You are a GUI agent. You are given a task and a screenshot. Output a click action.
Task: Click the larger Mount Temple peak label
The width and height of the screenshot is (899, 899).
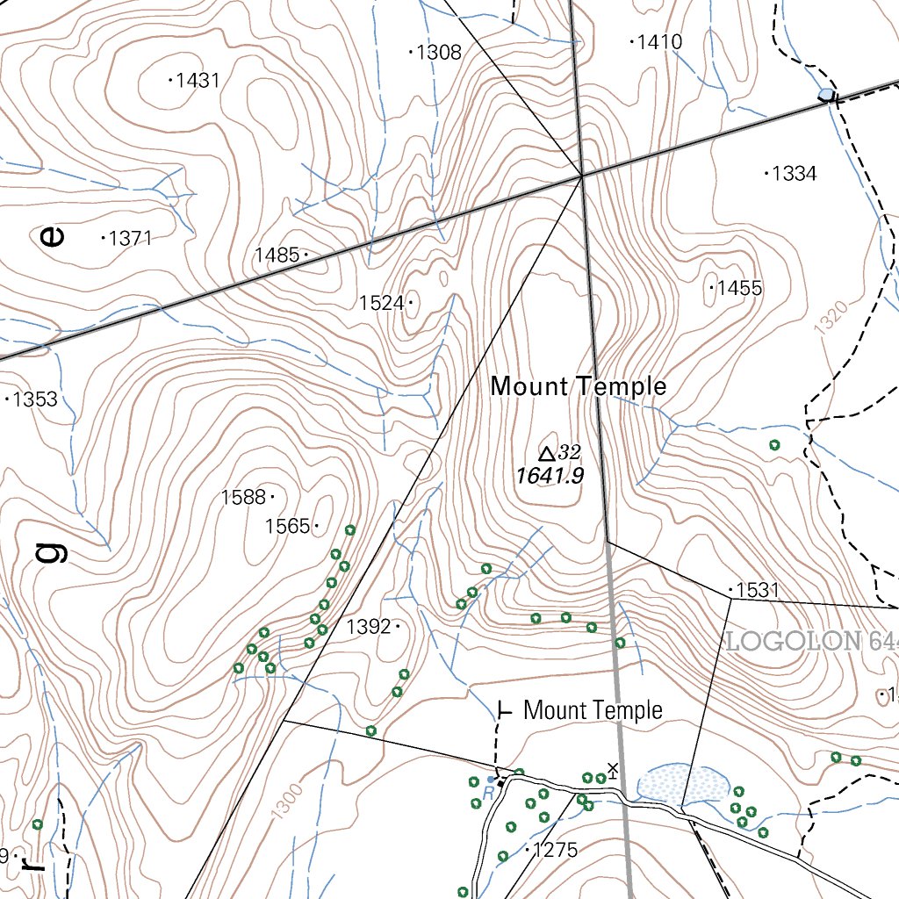[x=579, y=386]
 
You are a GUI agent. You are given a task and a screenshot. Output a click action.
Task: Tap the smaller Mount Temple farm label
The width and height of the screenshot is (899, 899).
[x=593, y=710]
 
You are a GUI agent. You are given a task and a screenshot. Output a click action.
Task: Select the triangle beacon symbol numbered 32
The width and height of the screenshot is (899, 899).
[x=547, y=453]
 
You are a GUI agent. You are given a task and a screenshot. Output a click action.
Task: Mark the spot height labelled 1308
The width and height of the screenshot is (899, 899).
[x=435, y=53]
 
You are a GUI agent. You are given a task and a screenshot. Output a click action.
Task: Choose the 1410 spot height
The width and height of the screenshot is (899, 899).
[x=657, y=41]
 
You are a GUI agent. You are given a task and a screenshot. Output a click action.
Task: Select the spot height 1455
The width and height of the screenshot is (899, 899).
[x=737, y=288]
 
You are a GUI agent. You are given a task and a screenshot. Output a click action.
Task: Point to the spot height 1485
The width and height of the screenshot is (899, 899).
[x=280, y=255]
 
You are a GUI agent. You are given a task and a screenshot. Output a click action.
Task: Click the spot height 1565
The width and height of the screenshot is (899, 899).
[x=291, y=526]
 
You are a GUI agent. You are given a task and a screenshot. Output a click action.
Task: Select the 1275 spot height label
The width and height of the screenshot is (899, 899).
[x=552, y=850]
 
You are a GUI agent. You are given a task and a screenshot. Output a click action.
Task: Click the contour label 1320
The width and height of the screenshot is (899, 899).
[x=831, y=318]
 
